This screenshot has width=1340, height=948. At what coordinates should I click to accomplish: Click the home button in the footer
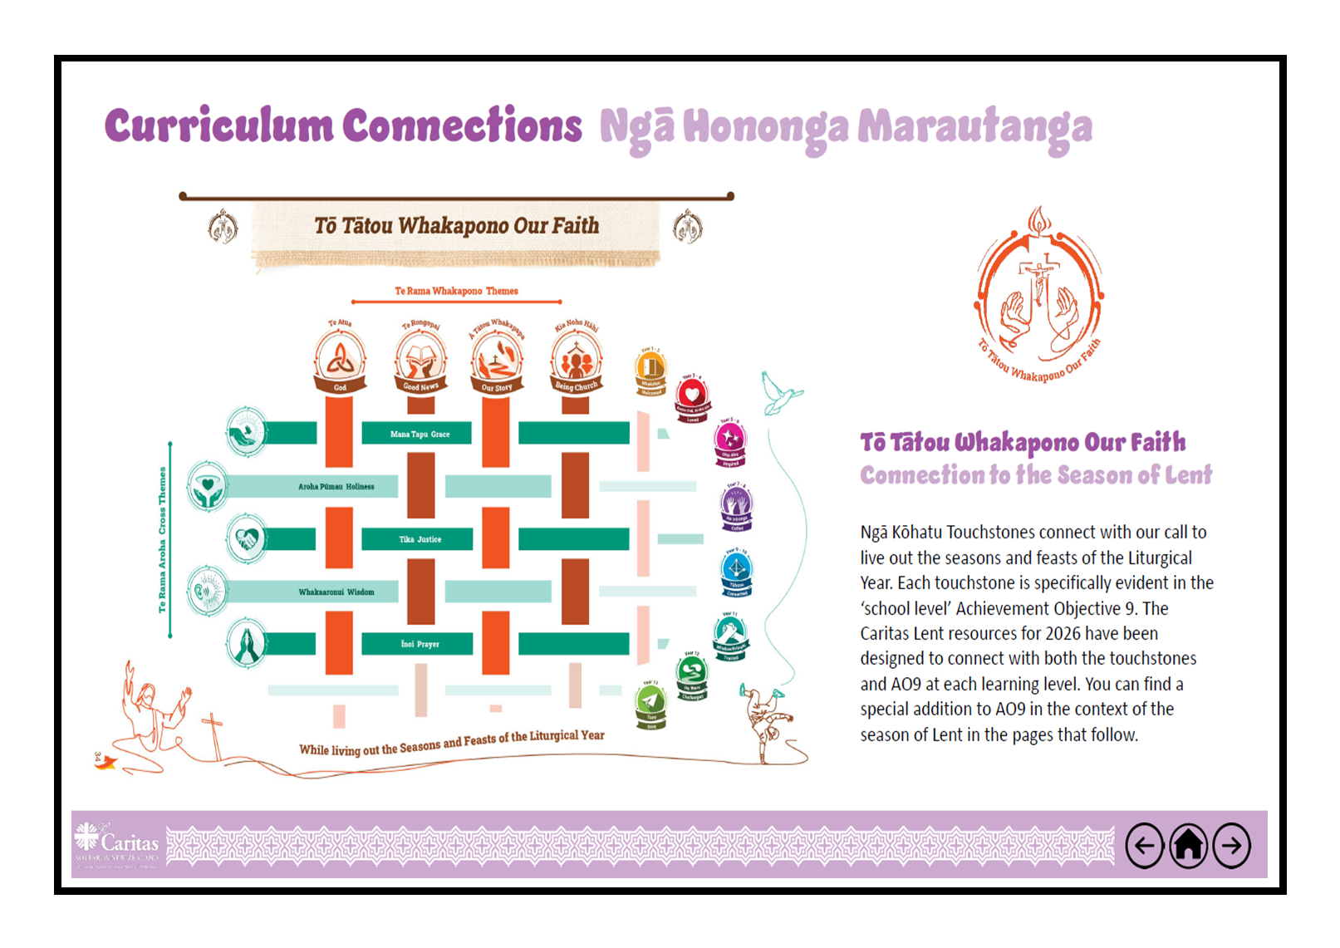1189,846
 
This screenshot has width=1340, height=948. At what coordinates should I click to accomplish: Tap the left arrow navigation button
1145,846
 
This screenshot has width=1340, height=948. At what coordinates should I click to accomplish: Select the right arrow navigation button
1232,846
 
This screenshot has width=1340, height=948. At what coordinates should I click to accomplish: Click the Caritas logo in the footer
117,844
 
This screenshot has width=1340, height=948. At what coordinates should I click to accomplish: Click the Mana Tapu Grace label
420,434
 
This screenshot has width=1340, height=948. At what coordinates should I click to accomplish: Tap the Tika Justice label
420,539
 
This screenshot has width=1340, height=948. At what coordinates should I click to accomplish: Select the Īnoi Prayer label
420,644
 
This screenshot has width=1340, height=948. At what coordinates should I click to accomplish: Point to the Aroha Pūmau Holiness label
336,487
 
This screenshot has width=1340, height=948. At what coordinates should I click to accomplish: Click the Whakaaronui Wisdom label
336,592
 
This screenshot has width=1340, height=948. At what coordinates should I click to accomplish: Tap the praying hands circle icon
246,644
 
